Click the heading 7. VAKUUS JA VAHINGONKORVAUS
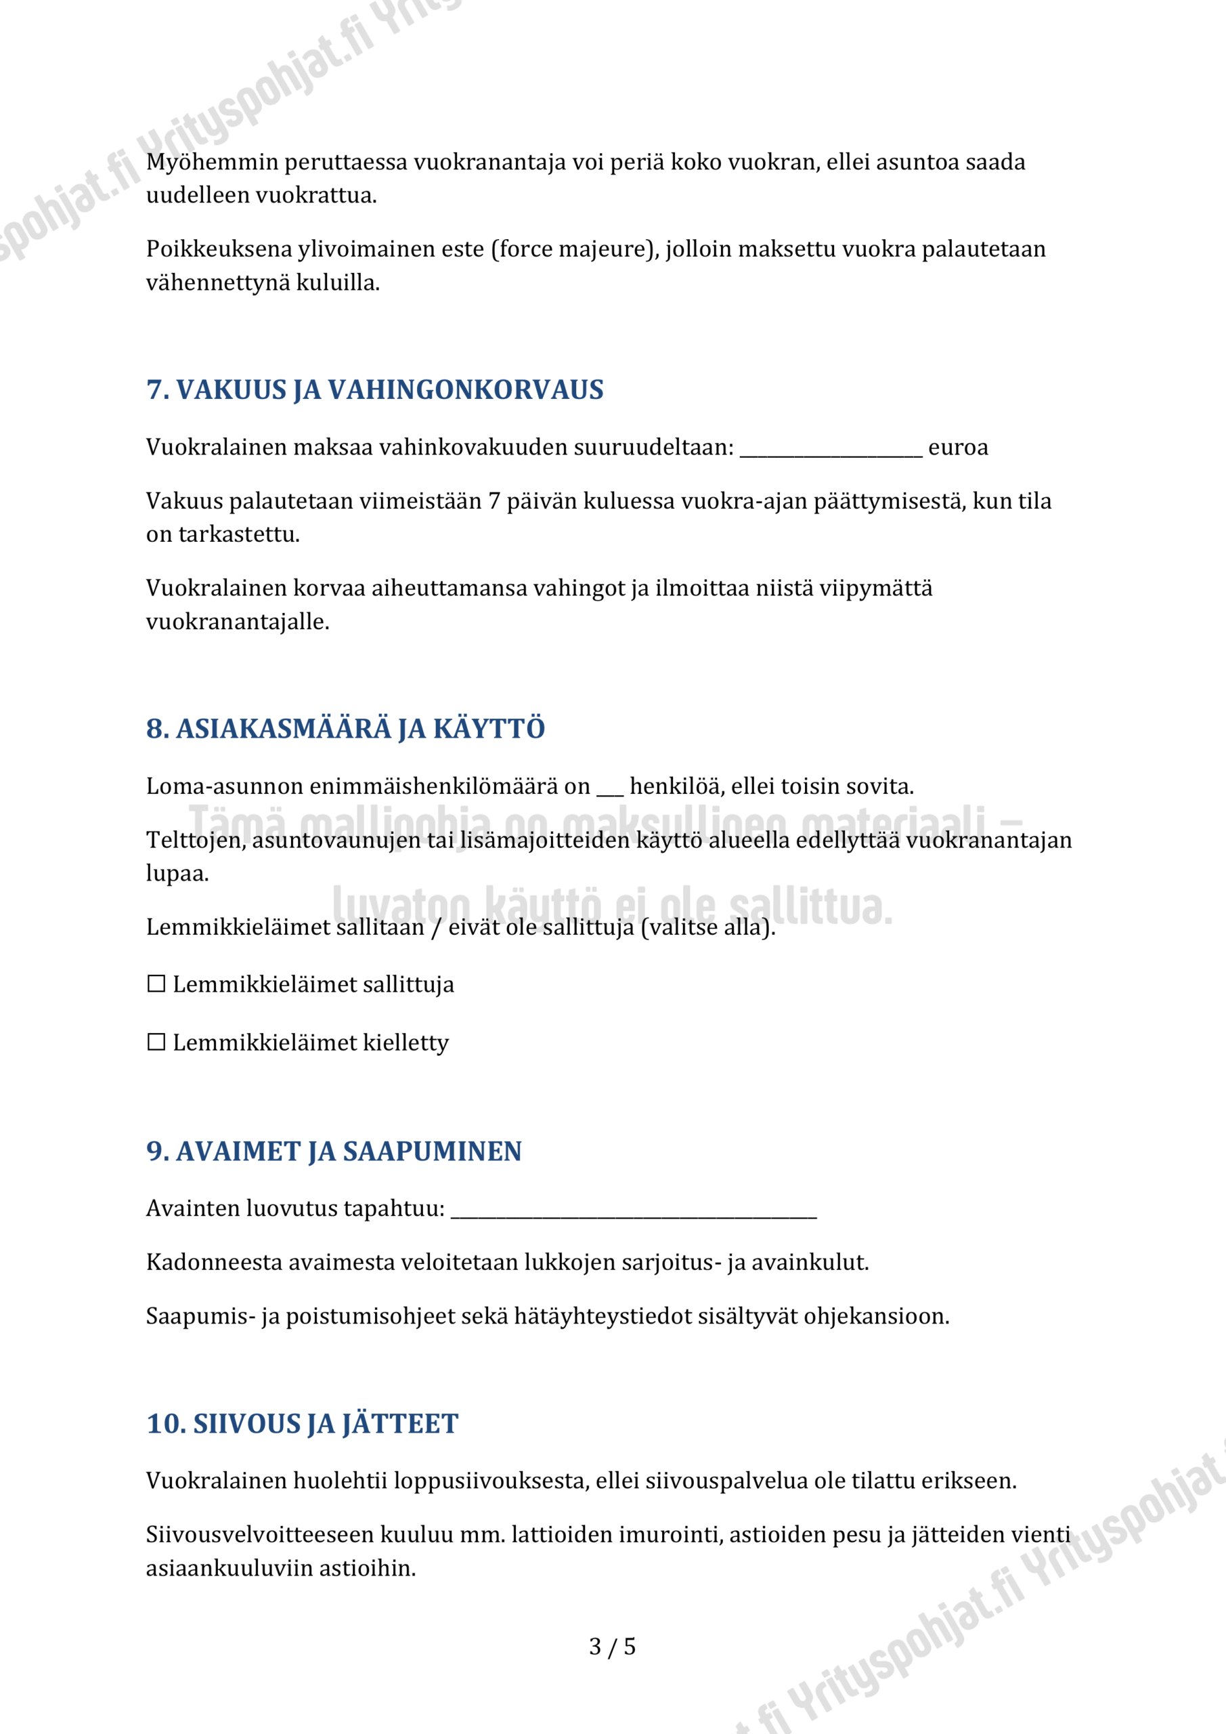(x=374, y=389)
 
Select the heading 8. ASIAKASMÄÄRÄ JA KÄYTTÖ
(x=345, y=729)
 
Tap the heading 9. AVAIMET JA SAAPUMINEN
(x=334, y=1151)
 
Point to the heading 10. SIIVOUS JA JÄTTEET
(x=302, y=1424)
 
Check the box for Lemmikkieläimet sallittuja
(x=156, y=984)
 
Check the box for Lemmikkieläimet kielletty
(x=156, y=1042)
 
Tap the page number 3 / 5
(x=612, y=1647)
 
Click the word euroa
(x=957, y=447)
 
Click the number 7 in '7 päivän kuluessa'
(x=494, y=501)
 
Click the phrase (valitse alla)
(x=708, y=927)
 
